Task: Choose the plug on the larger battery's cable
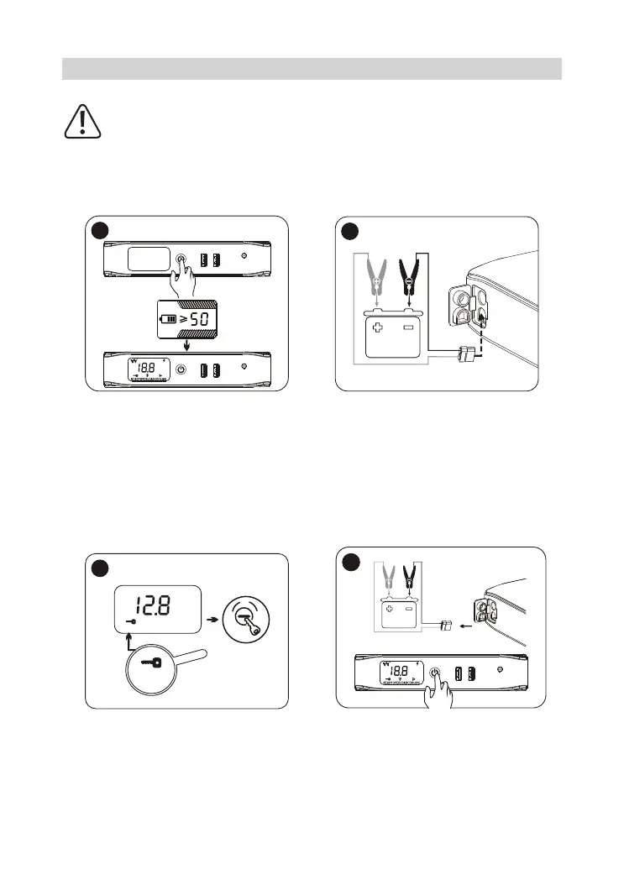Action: coord(466,353)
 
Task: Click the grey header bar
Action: coord(312,69)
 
